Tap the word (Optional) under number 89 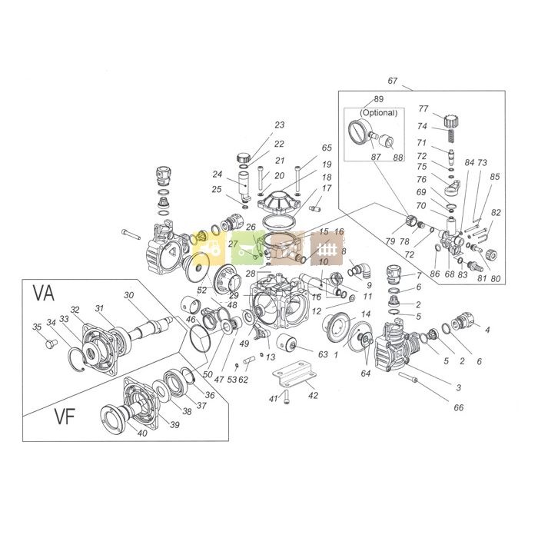tap(377, 112)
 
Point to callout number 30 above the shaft tap(128, 296)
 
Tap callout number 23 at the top tap(279, 125)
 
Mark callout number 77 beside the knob tap(422, 109)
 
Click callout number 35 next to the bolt tap(36, 327)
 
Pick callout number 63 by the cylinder tap(323, 354)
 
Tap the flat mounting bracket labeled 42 tap(295, 374)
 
